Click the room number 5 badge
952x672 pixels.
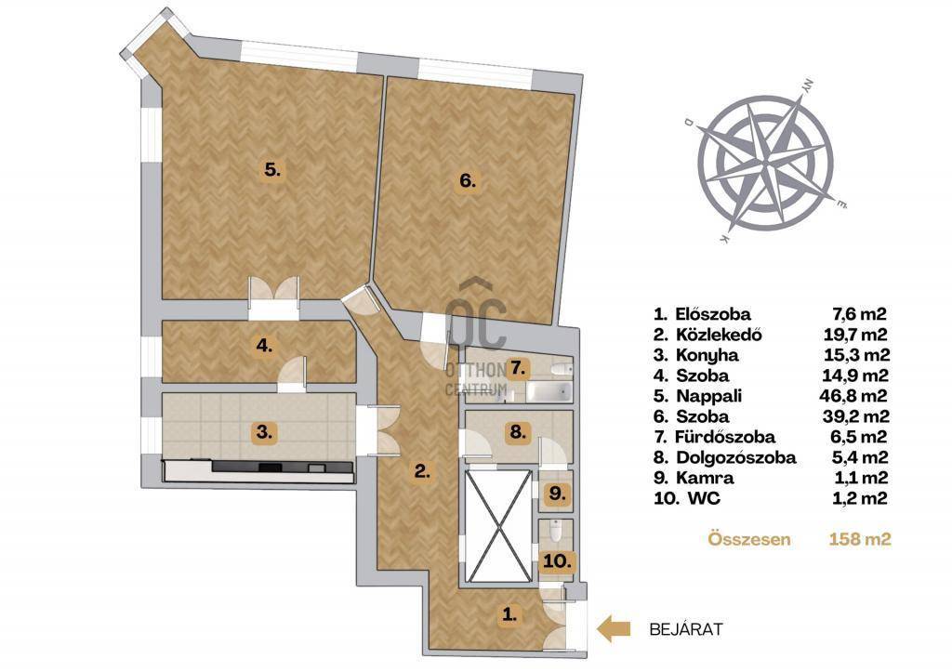pos(272,170)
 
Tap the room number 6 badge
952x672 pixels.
pos(467,180)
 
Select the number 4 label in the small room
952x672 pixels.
pos(264,346)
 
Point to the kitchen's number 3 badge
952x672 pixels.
pos(264,433)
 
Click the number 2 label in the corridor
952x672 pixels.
pos(423,470)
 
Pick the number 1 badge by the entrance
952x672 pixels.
pos(510,615)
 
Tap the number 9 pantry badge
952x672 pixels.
pos(557,494)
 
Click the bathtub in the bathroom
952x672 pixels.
pos(549,391)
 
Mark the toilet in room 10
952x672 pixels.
pos(554,531)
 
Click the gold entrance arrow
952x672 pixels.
pos(614,629)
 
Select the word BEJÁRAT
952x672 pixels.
pos(686,629)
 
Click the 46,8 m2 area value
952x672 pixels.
pos(853,396)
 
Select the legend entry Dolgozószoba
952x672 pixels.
pos(736,457)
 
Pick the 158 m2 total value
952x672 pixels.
pos(860,539)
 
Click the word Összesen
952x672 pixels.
pos(749,539)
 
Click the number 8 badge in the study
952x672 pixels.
pos(517,432)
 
